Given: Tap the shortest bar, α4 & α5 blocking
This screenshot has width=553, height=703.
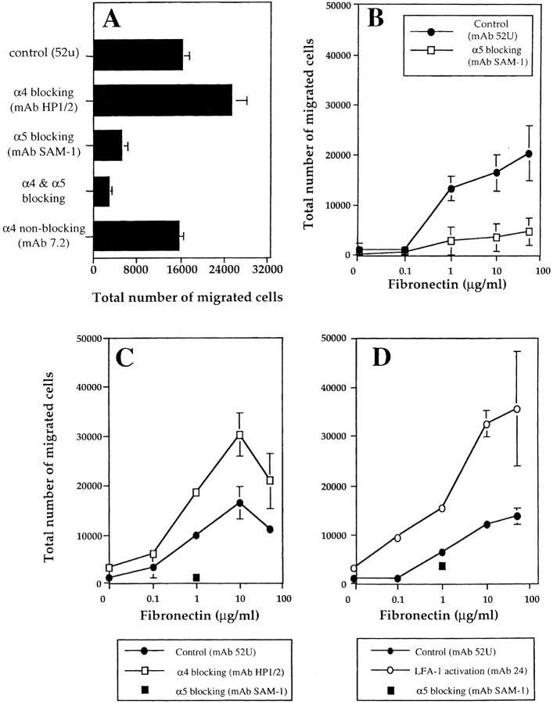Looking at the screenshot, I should pyautogui.click(x=101, y=191).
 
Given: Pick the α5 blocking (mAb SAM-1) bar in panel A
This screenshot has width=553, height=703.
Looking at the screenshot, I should pyautogui.click(x=107, y=145).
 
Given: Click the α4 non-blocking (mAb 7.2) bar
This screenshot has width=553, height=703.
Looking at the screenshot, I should pyautogui.click(x=136, y=235).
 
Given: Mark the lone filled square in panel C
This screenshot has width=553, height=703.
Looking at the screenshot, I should pyautogui.click(x=196, y=577).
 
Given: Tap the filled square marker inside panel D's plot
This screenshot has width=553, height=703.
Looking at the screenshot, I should pyautogui.click(x=442, y=565).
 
